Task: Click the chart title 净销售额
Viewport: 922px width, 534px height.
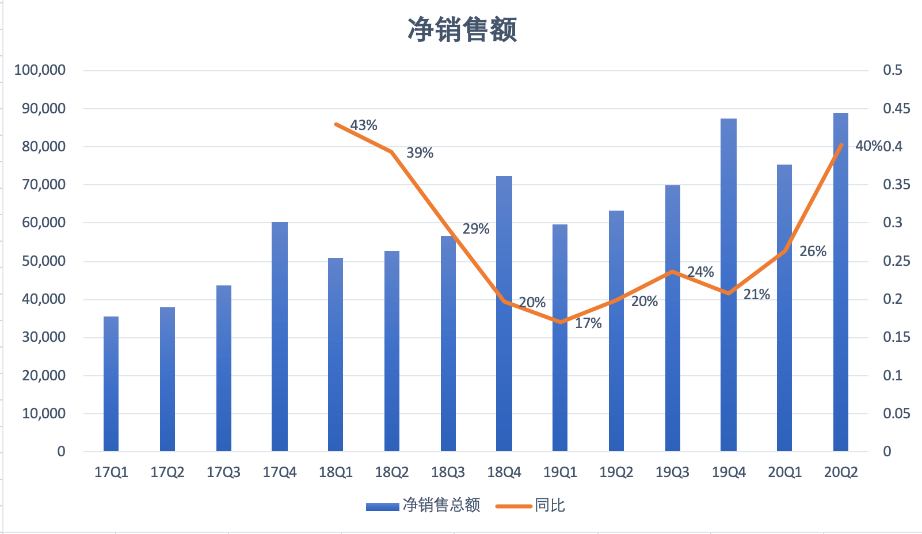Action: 462,30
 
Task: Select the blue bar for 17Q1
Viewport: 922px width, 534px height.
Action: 111,384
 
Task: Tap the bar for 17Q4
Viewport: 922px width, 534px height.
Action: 280,337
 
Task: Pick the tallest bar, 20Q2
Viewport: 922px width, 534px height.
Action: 841,282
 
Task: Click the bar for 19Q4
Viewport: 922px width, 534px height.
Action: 729,285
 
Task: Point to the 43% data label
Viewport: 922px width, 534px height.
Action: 364,125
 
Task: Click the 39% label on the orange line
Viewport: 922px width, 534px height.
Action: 420,153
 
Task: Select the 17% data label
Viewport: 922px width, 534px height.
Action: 588,323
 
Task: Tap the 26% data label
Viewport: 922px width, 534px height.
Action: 813,251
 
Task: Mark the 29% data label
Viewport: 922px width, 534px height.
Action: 476,229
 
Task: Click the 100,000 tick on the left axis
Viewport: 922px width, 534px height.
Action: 40,70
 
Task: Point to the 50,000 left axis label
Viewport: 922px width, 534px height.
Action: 44,261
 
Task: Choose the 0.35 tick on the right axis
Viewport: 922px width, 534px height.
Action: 897,185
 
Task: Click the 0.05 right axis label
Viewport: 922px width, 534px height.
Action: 897,414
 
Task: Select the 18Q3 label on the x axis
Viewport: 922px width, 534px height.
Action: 448,472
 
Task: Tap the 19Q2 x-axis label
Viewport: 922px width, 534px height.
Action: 616,472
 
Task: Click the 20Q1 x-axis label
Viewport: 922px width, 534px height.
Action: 784,472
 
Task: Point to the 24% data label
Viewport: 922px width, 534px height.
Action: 700,272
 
